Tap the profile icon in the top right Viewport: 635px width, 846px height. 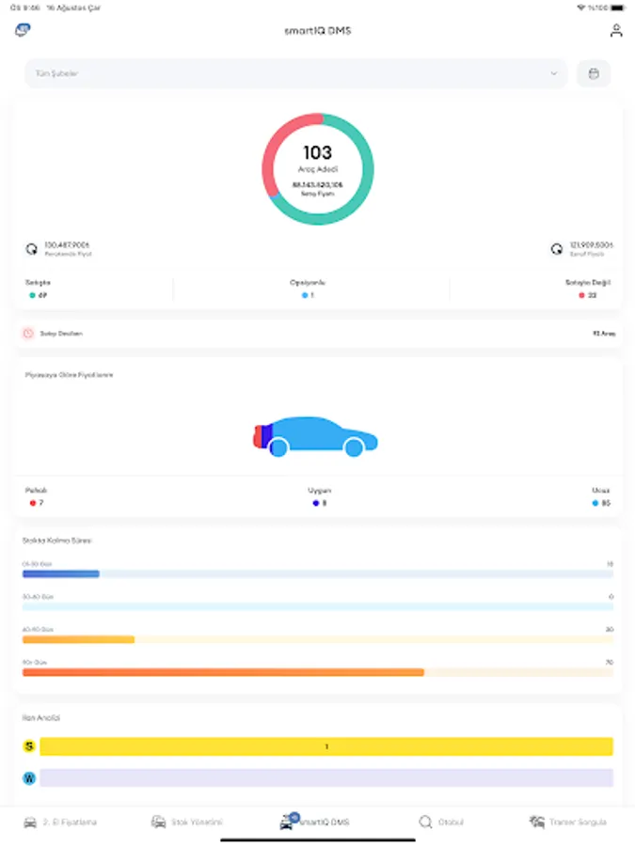pyautogui.click(x=616, y=30)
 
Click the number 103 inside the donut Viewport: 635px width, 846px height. pyautogui.click(x=318, y=152)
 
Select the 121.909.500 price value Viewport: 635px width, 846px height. pyautogui.click(x=591, y=245)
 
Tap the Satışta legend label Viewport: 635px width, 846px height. pyautogui.click(x=38, y=282)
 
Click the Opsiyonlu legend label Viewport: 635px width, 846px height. pyautogui.click(x=308, y=282)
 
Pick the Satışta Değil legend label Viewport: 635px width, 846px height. pyautogui.click(x=588, y=282)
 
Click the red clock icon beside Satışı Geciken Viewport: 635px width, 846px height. pyautogui.click(x=28, y=334)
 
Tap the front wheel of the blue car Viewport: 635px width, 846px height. pyautogui.click(x=354, y=448)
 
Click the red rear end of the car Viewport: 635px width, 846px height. pyautogui.click(x=258, y=435)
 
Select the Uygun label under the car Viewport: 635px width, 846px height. pyautogui.click(x=319, y=490)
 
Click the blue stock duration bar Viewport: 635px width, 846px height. pyautogui.click(x=61, y=573)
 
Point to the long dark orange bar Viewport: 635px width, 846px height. pyautogui.click(x=223, y=672)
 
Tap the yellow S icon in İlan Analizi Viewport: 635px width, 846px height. pyautogui.click(x=29, y=746)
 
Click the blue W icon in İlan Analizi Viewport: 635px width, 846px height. pyautogui.click(x=29, y=778)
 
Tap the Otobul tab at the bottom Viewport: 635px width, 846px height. pyautogui.click(x=441, y=822)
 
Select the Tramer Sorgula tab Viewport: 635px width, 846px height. pyautogui.click(x=568, y=822)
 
